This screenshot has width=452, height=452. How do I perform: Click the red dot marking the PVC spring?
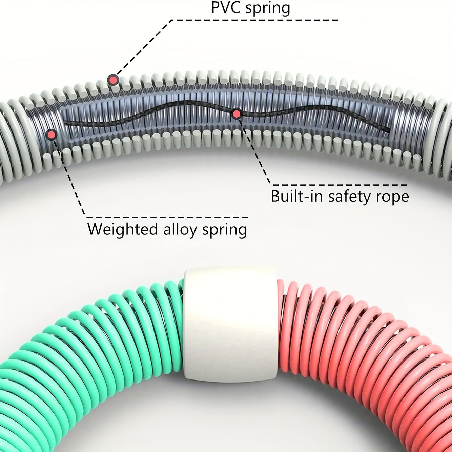pos(112,80)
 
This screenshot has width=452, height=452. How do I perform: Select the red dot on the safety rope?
pos(237,114)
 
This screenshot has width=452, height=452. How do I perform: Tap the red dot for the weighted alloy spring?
pos(52,135)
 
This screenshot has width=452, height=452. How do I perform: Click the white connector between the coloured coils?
pos(230,325)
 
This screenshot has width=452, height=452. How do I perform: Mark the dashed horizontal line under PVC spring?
pos(254,20)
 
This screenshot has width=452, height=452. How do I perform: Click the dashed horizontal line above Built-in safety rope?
pos(339,185)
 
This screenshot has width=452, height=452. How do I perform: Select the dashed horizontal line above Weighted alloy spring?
pos(166,217)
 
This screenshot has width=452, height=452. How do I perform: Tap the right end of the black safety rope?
pos(389,131)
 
